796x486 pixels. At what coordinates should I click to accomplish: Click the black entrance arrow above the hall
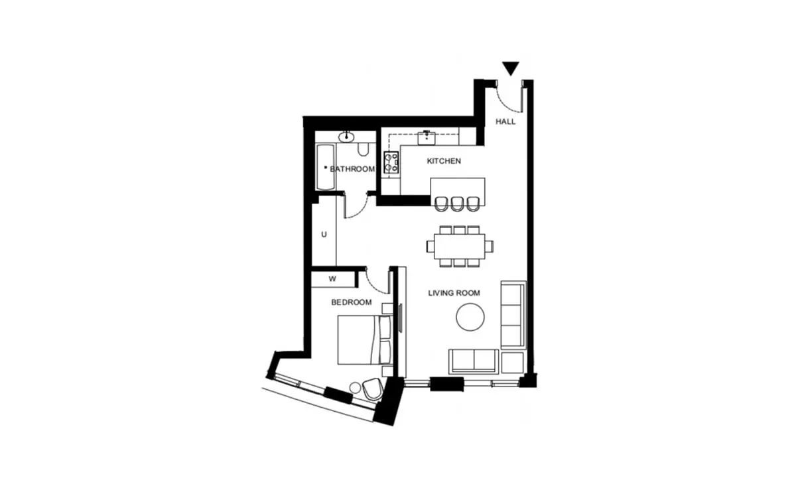[511, 68]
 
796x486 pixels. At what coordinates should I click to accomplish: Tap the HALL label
[505, 121]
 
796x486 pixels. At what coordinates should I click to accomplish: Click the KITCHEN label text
[444, 161]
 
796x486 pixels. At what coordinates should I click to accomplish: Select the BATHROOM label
[352, 169]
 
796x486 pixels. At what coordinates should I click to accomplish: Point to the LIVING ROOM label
[454, 293]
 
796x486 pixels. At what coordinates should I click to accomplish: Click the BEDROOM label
[352, 302]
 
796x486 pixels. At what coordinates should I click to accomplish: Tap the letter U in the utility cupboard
[324, 235]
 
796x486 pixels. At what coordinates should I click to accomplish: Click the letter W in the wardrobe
[332, 279]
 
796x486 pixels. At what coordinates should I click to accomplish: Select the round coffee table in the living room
[470, 317]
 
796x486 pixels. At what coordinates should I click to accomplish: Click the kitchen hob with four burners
[391, 162]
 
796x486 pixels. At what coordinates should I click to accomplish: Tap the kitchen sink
[427, 138]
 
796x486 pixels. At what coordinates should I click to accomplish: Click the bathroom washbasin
[346, 137]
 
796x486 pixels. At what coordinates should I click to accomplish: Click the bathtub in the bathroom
[326, 167]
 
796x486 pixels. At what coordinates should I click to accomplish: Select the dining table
[460, 246]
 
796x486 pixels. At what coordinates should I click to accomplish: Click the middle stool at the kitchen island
[457, 204]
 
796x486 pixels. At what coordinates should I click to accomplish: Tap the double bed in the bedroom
[365, 339]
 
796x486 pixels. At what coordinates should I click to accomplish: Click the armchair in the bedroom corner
[372, 389]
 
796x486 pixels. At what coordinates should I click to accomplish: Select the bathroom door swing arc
[358, 210]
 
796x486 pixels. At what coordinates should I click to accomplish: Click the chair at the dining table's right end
[490, 246]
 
